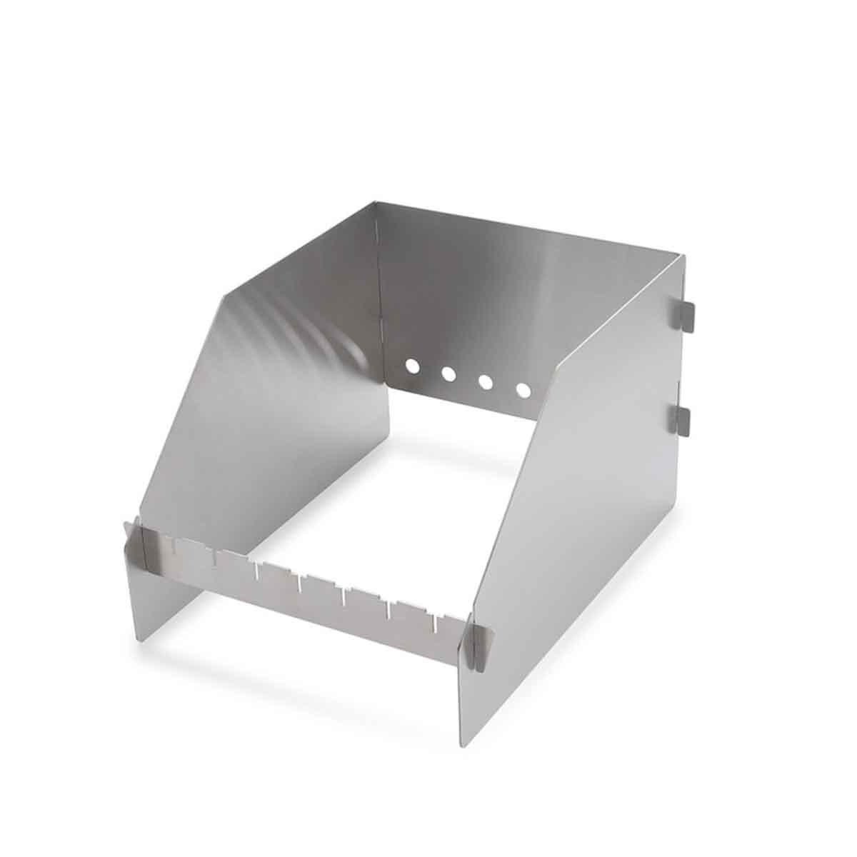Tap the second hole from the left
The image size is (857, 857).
449,373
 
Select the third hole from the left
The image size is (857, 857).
486,382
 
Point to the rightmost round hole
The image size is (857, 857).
523,391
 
